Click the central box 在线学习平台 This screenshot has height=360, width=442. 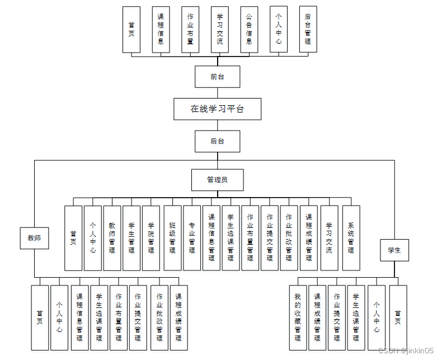coord(217,109)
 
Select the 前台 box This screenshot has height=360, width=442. coord(217,77)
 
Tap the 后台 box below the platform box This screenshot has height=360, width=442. coord(217,141)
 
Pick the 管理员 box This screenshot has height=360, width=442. coord(217,180)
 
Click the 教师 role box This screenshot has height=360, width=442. coord(34,238)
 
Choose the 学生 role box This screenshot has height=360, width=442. coord(394,250)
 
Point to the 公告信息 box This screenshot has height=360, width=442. coord(249,29)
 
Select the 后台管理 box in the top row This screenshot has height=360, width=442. coord(308,29)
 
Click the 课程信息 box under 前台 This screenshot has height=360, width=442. coord(161,29)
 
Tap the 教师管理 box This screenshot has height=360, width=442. coord(112,238)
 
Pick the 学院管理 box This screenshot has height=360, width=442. coord(151,238)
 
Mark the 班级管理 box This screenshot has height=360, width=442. coord(172,238)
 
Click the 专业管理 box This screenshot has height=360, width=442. coord(192,238)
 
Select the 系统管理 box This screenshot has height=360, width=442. coord(351,238)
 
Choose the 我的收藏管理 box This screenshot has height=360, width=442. coord(298,317)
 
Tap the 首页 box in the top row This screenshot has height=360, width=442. coord(131,29)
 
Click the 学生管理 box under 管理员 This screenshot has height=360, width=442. coord(131,238)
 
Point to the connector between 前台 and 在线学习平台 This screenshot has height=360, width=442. coord(217,93)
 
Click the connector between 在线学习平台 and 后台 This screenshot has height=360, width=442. coord(217,125)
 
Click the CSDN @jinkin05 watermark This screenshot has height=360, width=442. coord(406,350)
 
